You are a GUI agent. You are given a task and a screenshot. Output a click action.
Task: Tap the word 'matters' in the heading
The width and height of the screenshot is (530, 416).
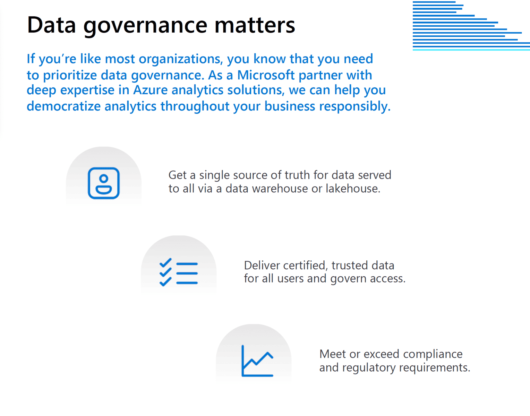pos(255,26)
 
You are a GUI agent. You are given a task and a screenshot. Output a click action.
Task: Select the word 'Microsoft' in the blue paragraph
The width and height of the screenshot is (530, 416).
pos(266,75)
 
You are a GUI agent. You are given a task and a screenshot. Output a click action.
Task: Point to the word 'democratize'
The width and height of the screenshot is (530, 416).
pos(63,106)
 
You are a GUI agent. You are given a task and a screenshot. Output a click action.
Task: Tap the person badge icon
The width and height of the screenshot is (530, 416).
pos(104,183)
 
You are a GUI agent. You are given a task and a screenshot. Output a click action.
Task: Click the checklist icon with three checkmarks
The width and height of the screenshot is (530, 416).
pos(179,272)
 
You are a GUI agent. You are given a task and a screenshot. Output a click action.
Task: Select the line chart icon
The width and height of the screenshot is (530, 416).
pos(257,361)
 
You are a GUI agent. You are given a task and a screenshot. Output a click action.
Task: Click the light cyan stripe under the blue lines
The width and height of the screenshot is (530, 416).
pos(471,50)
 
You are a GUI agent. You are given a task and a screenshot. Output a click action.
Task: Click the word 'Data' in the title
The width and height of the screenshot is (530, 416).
pos(51,26)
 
